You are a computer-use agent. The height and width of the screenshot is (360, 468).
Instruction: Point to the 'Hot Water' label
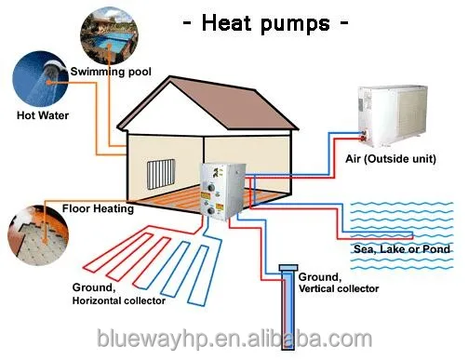click(43, 117)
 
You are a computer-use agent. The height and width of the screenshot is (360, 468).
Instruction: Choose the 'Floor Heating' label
click(98, 208)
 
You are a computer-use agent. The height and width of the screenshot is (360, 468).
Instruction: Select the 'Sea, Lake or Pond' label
click(401, 249)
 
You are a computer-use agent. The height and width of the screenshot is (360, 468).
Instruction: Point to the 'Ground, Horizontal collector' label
click(118, 293)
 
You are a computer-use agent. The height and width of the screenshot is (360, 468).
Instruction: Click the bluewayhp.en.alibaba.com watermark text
click(234, 334)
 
